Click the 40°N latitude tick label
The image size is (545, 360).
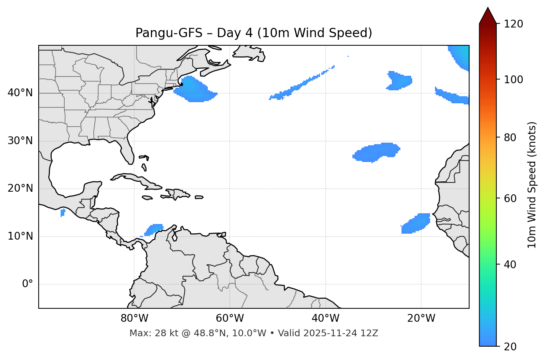point(20,93)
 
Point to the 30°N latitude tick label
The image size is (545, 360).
point(20,141)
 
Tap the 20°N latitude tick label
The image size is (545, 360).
point(20,188)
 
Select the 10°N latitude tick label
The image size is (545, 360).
point(20,236)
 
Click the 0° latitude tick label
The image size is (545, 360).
point(28,284)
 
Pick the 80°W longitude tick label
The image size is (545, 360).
point(134,318)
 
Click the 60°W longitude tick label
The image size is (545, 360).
point(230,318)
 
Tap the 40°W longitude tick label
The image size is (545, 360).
point(325,318)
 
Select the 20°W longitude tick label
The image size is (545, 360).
point(421,318)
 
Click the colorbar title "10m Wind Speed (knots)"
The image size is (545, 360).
point(532,185)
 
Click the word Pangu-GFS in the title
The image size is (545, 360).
point(169,33)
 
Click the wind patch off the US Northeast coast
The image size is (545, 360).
point(194,90)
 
